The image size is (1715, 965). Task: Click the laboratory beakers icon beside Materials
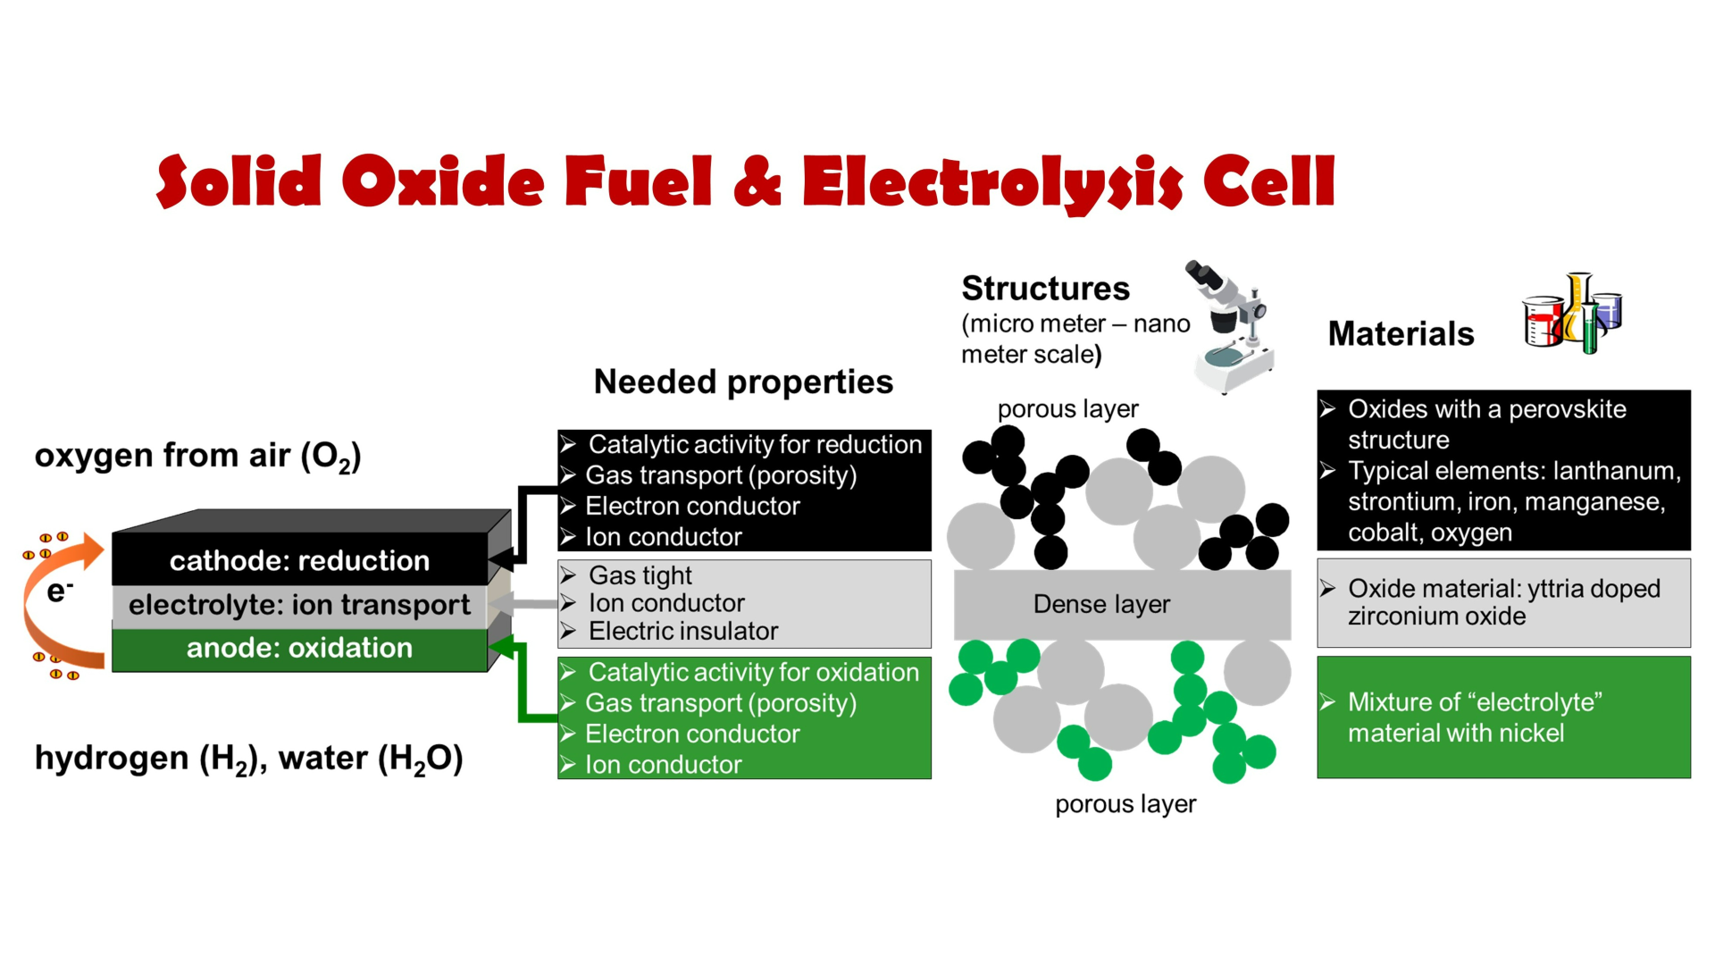point(1572,313)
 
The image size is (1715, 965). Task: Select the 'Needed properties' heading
point(743,382)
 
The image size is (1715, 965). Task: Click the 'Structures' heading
point(1045,289)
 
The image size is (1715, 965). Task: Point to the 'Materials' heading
point(1401,333)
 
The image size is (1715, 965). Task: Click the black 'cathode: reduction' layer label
point(299,560)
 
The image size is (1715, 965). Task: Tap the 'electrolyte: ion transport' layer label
point(299,605)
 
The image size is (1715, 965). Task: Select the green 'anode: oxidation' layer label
point(299,648)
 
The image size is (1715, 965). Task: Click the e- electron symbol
point(60,591)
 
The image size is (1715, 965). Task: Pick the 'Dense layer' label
point(1101,604)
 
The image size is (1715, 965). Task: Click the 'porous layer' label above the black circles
point(1067,409)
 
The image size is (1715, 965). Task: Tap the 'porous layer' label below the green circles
point(1125,804)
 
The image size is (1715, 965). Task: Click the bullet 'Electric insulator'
point(682,631)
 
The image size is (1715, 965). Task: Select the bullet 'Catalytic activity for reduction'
point(755,444)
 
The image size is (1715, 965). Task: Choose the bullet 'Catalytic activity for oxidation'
point(753,672)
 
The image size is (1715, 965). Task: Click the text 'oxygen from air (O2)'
point(197,457)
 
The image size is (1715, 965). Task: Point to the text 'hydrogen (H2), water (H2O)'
point(248,759)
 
